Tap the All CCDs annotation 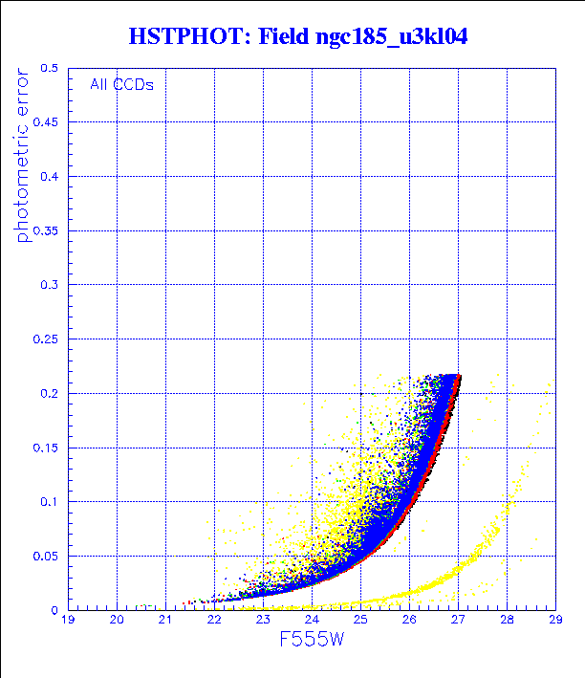122,84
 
